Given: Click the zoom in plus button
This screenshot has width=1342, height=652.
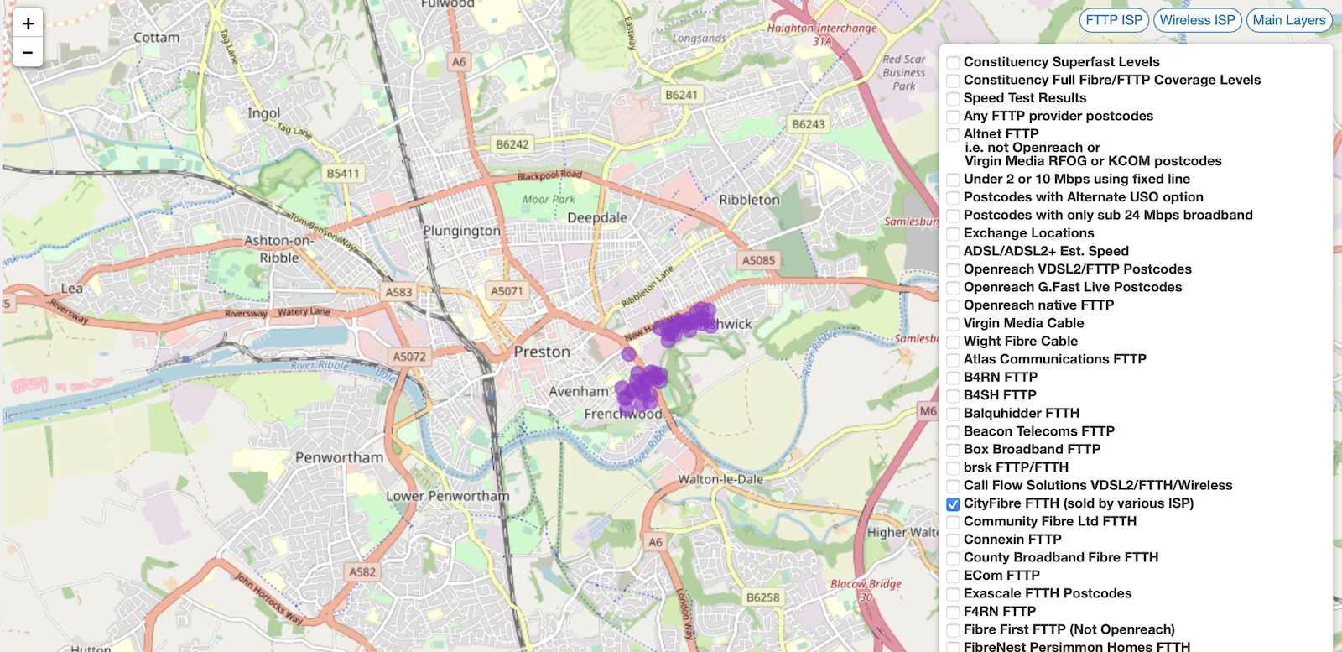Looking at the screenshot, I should pos(28,23).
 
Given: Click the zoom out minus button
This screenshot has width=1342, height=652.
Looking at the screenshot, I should pos(28,52).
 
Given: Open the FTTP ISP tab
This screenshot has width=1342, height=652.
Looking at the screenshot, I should pos(1113,20).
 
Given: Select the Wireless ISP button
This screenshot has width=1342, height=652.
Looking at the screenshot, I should pos(1197,20).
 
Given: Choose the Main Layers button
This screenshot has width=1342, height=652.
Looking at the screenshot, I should pos(1288,20).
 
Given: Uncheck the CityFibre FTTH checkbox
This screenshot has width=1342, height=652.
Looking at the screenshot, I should pos(953,504).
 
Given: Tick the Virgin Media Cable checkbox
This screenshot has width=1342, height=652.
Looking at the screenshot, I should pos(953,324).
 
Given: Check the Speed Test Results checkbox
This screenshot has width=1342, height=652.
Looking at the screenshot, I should pos(953,99).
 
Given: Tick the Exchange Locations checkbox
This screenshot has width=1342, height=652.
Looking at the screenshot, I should pos(953,234).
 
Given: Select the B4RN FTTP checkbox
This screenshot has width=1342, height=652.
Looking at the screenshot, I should pos(953,378).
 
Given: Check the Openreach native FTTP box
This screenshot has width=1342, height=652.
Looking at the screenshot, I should pos(953,306).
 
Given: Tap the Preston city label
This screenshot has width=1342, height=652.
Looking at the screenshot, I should pos(542,352).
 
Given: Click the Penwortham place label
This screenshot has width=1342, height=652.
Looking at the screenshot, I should pos(339,457).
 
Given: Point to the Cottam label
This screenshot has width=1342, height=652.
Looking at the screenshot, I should pos(156,38).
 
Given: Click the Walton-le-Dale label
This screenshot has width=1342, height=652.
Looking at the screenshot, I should pos(720,479).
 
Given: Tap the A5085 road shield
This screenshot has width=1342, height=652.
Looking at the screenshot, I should pos(758,260).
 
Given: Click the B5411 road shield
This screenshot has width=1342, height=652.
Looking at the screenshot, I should pos(342,174).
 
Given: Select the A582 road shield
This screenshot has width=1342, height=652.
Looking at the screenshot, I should pos(362,571).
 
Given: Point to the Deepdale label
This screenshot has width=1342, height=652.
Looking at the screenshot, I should pos(596,217).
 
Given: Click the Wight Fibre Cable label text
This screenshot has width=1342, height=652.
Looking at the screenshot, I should pos(1020,342).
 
